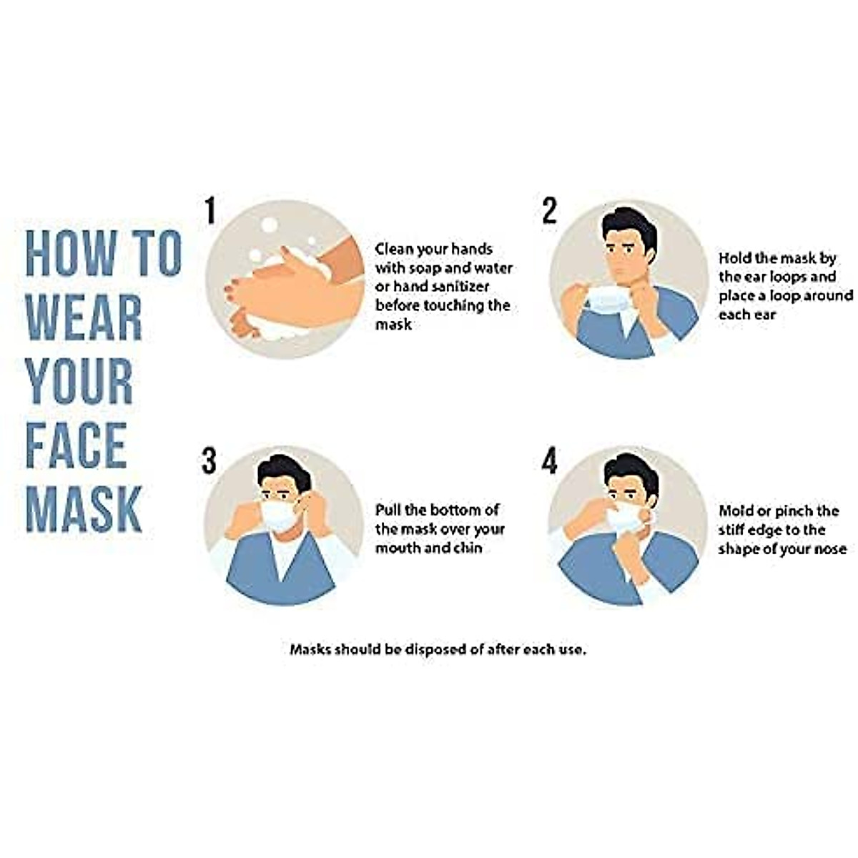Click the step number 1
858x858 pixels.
[x=209, y=211]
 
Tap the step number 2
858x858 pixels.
[x=549, y=211]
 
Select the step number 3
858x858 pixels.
[x=209, y=461]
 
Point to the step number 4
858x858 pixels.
[x=549, y=461]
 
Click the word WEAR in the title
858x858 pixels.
[x=84, y=316]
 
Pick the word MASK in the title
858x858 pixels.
[x=84, y=508]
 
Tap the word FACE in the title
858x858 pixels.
[x=77, y=445]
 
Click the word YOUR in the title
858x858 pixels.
[x=79, y=380]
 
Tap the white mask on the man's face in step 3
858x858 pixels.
[x=278, y=516]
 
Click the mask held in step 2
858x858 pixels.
[x=608, y=299]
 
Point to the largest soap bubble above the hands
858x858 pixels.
[x=269, y=225]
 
